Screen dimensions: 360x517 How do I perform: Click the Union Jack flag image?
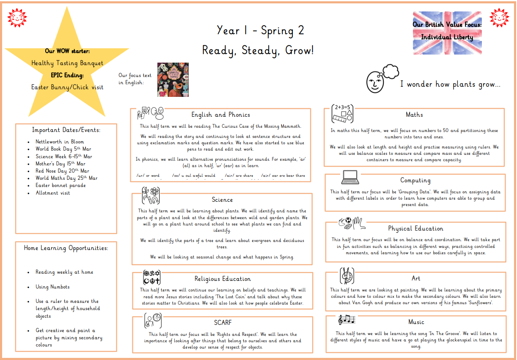[447, 33]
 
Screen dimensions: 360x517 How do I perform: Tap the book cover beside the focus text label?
[173, 80]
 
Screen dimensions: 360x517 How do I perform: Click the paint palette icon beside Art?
[347, 275]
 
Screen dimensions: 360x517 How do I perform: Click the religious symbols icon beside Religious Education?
[152, 277]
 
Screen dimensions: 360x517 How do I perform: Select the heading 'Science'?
[222, 200]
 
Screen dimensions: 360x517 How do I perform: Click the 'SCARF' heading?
[223, 323]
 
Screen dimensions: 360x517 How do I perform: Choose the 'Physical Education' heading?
[415, 228]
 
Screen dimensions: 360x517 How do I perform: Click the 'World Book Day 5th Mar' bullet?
[63, 149]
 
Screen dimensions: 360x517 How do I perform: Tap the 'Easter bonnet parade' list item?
[60, 185]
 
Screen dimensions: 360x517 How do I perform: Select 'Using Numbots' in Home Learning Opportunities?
[52, 287]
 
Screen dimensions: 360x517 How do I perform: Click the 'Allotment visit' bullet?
[53, 193]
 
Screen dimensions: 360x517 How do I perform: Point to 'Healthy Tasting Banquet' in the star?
[67, 63]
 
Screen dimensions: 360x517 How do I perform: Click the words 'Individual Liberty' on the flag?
[447, 37]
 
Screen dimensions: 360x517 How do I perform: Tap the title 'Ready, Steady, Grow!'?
[258, 50]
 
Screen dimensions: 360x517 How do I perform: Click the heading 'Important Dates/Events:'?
[66, 130]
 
